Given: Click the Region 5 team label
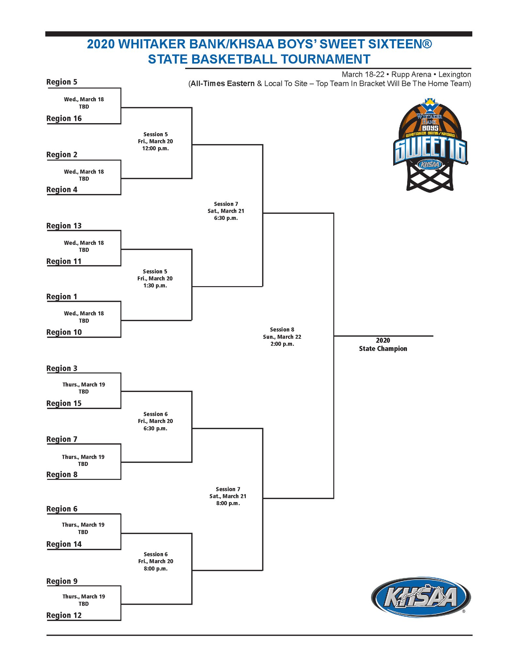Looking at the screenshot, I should (x=62, y=82).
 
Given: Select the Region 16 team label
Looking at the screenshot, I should (x=64, y=118).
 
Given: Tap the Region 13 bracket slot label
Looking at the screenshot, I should (x=64, y=226).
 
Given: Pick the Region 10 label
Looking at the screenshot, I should (x=64, y=332).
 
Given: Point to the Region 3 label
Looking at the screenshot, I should (x=62, y=368).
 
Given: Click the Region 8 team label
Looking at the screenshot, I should (x=62, y=475).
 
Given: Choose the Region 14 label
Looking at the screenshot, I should (x=64, y=544).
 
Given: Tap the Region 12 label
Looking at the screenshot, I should (x=64, y=615).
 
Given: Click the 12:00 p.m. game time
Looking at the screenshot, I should (x=155, y=148).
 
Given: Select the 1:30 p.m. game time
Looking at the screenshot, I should (x=155, y=286).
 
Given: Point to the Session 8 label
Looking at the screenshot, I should (x=282, y=330).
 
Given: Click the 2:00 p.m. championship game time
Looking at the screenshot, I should (x=282, y=344).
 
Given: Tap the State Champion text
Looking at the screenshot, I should (x=383, y=349).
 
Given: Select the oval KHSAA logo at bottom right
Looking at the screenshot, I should (x=421, y=597).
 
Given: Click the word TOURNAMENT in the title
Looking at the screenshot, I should (x=325, y=59).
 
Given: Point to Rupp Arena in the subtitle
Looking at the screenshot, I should (x=411, y=74).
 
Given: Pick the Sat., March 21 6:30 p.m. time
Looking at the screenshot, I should (x=226, y=218).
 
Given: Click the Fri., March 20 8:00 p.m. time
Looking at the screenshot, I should (x=155, y=568).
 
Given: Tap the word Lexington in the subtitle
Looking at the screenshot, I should (x=455, y=74).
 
